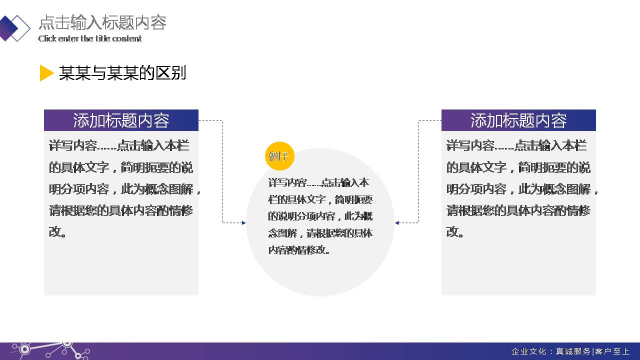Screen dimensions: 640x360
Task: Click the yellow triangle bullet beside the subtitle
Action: [x=46, y=73]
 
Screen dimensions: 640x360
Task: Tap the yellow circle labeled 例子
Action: [x=279, y=156]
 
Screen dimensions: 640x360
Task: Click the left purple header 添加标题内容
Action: [x=121, y=120]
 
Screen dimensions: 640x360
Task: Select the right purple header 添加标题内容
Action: [x=518, y=120]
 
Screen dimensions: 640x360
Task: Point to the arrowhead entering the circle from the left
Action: [x=243, y=223]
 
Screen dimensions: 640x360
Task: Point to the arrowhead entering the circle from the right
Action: [x=397, y=223]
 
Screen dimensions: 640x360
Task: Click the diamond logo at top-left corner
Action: [x=14, y=27]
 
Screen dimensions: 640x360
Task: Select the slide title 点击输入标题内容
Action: [x=102, y=22]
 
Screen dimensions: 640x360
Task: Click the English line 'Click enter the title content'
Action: [x=90, y=38]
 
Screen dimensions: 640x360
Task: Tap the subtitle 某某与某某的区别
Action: [x=122, y=73]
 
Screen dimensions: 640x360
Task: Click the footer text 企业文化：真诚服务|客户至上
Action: [x=570, y=351]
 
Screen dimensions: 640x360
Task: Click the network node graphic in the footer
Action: [x=50, y=349]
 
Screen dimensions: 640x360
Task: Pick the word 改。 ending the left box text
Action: [x=57, y=231]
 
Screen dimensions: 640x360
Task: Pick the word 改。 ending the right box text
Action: [x=454, y=231]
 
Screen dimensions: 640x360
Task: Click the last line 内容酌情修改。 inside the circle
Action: [x=299, y=250]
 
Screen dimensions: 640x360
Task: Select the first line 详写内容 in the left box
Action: [x=119, y=146]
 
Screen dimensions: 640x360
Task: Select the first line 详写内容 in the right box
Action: [x=516, y=146]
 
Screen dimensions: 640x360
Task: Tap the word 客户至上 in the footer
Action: [x=612, y=351]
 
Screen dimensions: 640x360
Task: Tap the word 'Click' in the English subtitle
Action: [x=47, y=38]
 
